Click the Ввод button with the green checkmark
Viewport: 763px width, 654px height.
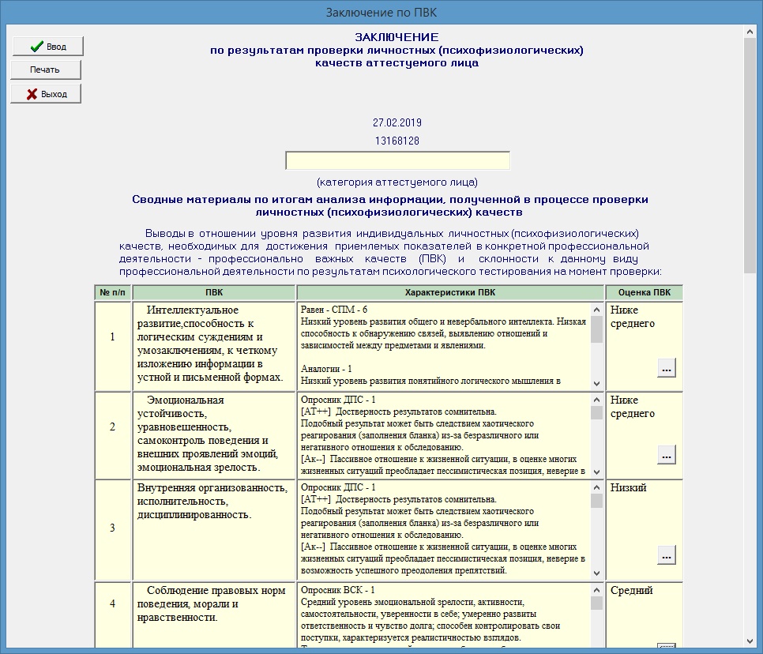tap(47, 47)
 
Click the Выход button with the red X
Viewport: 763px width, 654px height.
tap(46, 94)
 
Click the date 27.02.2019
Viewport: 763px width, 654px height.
tap(397, 123)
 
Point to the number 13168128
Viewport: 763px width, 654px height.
tap(397, 141)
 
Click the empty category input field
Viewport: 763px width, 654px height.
tap(397, 161)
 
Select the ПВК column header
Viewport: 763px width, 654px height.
tap(213, 293)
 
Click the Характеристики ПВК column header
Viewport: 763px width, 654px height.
tap(449, 293)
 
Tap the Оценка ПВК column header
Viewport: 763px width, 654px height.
tap(644, 293)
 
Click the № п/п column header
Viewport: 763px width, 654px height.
tap(112, 293)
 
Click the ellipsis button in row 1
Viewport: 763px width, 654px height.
tap(666, 368)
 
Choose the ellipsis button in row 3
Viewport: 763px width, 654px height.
tap(666, 555)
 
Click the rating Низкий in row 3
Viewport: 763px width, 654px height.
tap(629, 488)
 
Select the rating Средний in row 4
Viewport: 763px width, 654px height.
tap(632, 591)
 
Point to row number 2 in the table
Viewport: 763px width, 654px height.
tap(112, 427)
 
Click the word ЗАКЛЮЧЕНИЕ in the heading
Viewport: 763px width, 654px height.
tap(397, 37)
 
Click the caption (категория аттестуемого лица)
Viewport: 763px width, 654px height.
tap(397, 182)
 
